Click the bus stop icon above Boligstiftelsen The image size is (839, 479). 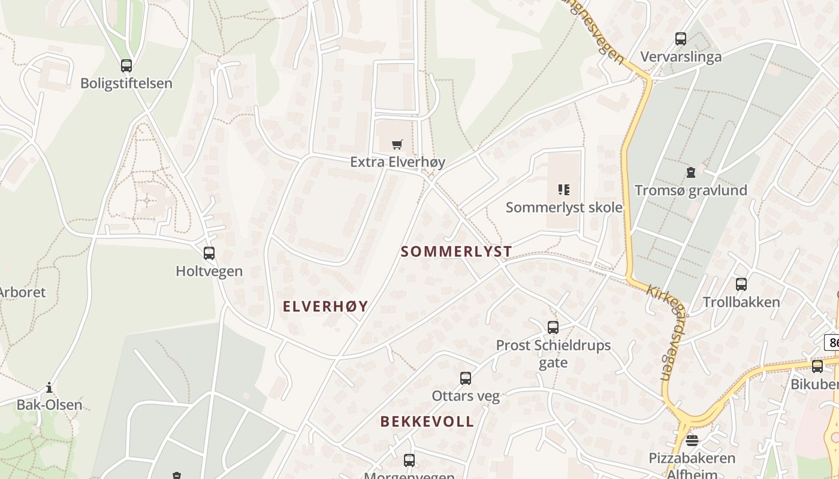[x=126, y=66]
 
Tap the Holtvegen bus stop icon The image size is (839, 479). [x=209, y=253]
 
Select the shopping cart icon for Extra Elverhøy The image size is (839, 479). [x=397, y=144]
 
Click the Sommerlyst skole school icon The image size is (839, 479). [x=563, y=190]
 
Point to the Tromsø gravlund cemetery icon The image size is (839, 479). [x=690, y=172]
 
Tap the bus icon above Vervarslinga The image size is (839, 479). [x=680, y=39]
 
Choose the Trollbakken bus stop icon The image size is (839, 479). [x=741, y=284]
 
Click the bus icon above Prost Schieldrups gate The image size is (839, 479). [x=553, y=328]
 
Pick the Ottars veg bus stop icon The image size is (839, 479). [x=465, y=378]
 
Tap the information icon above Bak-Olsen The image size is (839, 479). [x=49, y=388]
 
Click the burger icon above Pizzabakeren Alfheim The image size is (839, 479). [x=692, y=441]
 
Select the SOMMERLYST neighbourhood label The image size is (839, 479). [x=456, y=251]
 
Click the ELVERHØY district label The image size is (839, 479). [x=325, y=307]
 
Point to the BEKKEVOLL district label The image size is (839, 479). [x=427, y=422]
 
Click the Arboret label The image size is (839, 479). [x=22, y=293]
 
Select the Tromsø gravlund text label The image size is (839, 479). [x=690, y=190]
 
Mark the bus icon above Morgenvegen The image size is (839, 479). [x=409, y=460]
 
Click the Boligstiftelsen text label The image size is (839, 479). [x=126, y=83]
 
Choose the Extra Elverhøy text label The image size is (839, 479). [x=397, y=162]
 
